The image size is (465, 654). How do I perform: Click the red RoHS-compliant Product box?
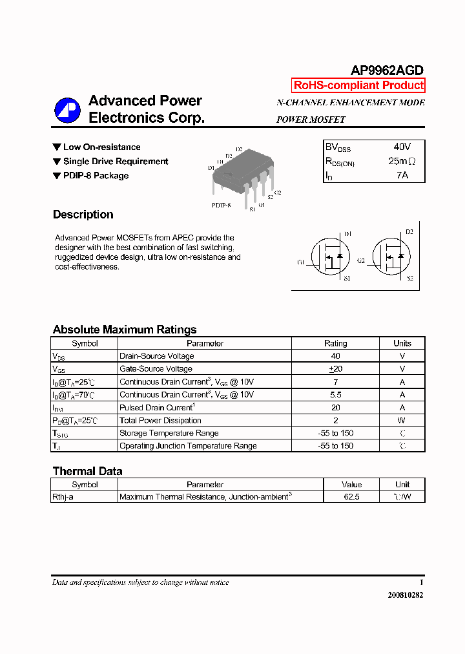click(358, 85)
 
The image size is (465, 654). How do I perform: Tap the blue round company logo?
click(67, 110)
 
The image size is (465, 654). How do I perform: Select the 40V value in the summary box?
click(402, 147)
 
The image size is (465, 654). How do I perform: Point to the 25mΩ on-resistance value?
click(402, 161)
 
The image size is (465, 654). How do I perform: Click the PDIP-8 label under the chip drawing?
click(221, 205)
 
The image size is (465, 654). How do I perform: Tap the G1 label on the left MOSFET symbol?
click(301, 262)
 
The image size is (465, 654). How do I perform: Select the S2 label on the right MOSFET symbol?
click(409, 278)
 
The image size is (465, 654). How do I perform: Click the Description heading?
click(83, 215)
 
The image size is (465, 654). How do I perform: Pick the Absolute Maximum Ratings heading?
click(124, 330)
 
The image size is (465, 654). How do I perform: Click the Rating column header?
click(335, 344)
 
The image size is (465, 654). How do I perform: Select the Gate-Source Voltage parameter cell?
click(156, 369)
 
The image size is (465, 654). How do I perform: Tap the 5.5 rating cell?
click(335, 395)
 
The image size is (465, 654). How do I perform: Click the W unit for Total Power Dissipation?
click(402, 421)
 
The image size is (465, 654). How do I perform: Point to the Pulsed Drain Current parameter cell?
click(156, 408)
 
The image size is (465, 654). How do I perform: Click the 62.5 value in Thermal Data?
click(352, 497)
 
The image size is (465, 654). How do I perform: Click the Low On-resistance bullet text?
click(101, 147)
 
